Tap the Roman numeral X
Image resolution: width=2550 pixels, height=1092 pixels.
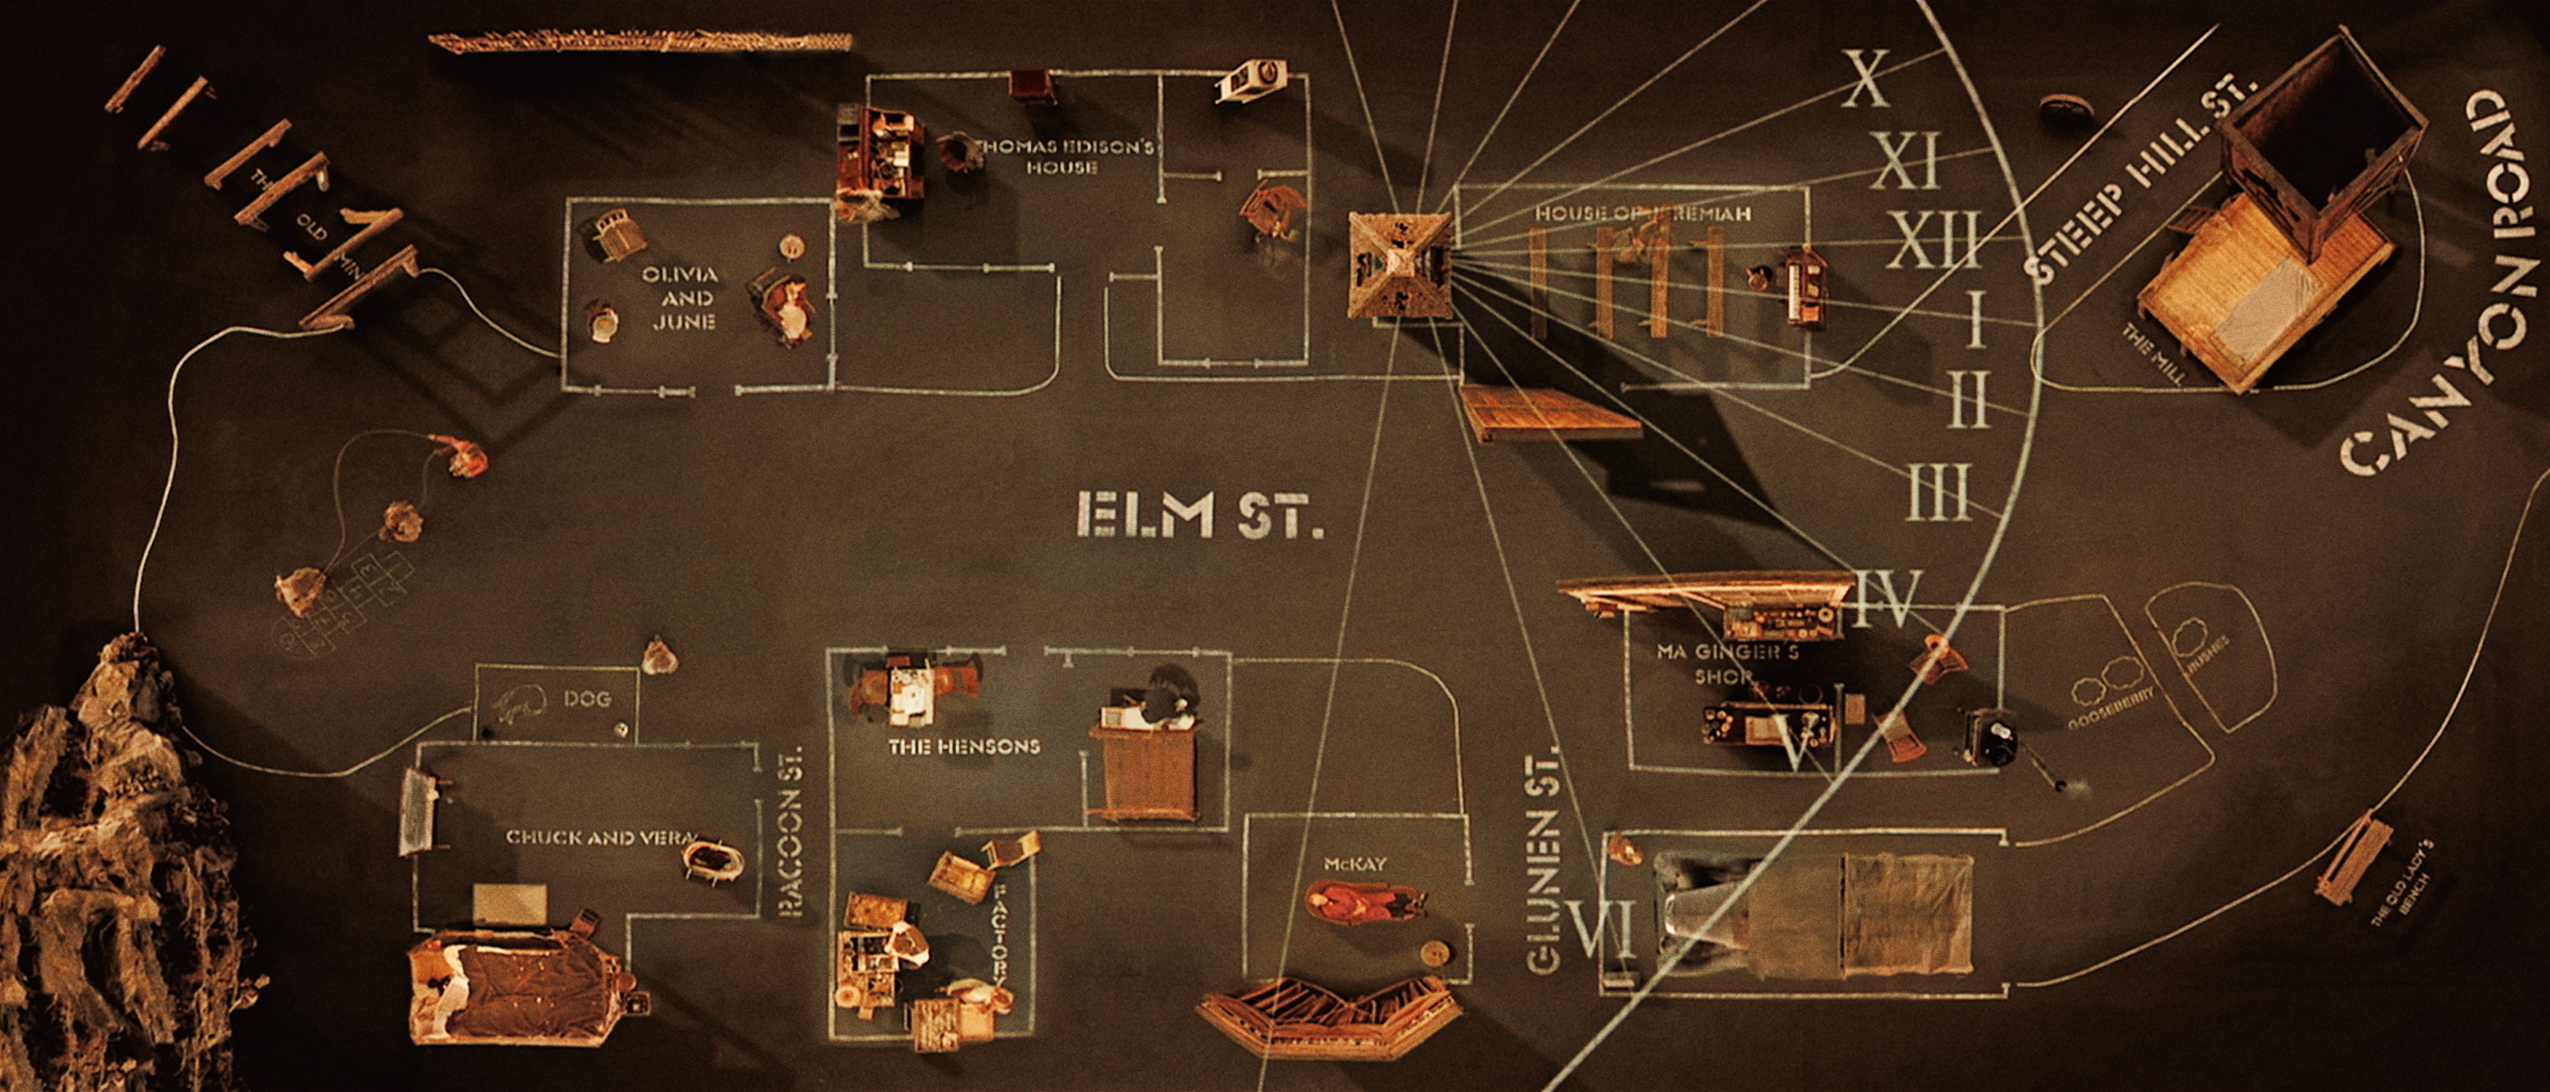[1865, 79]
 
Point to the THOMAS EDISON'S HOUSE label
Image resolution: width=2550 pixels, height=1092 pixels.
[1064, 156]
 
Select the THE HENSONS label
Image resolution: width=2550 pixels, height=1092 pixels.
[963, 747]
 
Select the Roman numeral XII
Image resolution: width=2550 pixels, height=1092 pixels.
[1932, 241]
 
